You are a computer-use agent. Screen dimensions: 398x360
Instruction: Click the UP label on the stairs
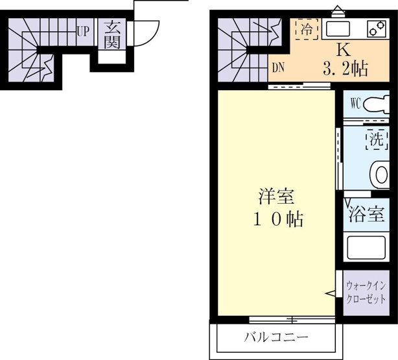[83, 32]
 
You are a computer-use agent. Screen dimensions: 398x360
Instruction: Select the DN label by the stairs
[278, 67]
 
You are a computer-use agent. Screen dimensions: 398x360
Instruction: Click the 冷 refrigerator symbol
[307, 29]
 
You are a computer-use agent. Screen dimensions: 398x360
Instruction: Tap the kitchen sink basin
[338, 29]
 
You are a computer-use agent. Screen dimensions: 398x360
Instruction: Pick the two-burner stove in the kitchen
[376, 29]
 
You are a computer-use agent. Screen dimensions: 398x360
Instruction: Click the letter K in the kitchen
[344, 50]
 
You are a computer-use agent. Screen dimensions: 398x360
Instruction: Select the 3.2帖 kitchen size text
[345, 69]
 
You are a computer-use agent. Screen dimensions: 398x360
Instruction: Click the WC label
[356, 104]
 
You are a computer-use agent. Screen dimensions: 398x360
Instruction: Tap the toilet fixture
[377, 104]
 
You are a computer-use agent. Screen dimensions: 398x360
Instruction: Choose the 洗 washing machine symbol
[377, 139]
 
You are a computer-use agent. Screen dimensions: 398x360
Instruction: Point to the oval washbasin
[380, 175]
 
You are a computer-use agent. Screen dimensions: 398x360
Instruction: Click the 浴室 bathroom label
[366, 215]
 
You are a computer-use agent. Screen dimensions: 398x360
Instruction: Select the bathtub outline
[366, 247]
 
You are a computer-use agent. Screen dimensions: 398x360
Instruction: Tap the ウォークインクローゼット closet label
[366, 292]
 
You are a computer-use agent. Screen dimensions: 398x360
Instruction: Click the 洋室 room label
[276, 197]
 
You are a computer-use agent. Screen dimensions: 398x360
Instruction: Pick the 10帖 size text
[277, 219]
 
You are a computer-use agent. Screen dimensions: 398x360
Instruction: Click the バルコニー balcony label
[276, 337]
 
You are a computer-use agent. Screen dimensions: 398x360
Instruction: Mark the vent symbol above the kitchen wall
[338, 12]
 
